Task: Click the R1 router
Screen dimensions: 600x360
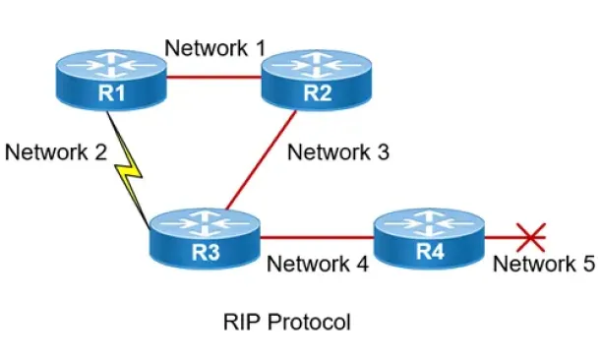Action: [x=111, y=81]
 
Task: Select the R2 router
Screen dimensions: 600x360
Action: [x=317, y=81]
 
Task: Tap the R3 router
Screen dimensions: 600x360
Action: [x=205, y=239]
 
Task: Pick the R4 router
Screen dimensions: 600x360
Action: [x=429, y=239]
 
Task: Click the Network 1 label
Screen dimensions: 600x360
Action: [x=215, y=48]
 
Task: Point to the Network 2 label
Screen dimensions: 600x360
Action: [x=56, y=151]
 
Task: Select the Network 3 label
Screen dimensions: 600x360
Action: [x=338, y=151]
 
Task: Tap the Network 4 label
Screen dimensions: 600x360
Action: [x=318, y=264]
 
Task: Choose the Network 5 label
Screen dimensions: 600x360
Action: [x=544, y=264]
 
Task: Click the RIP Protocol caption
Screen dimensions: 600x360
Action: [x=287, y=322]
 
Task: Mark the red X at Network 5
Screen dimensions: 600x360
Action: [x=531, y=238]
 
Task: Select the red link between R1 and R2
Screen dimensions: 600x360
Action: [x=214, y=78]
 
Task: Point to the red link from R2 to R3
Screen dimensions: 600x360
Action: [x=262, y=160]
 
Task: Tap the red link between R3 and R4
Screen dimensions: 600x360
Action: [x=317, y=238]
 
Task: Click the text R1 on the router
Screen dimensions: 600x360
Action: [x=111, y=93]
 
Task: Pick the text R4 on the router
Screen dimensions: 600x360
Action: [x=430, y=252]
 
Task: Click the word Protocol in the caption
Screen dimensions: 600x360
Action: [x=309, y=322]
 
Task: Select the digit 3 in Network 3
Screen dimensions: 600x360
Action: [x=383, y=151]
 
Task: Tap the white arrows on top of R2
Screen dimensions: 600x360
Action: [x=317, y=65]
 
